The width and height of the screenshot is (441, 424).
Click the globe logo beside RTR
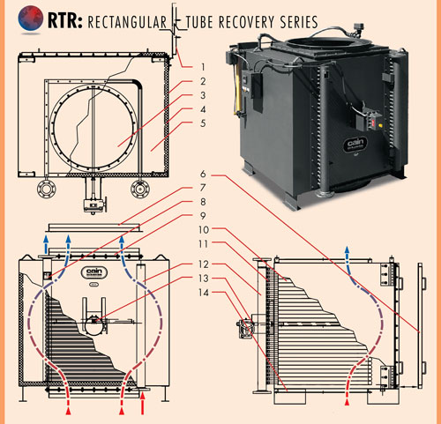coord(30,19)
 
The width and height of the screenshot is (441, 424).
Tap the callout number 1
coord(203,67)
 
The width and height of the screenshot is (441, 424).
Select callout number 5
coord(203,123)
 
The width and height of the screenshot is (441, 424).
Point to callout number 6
coord(203,174)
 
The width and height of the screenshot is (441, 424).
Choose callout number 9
coord(203,216)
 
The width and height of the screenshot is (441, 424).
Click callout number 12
coord(204,264)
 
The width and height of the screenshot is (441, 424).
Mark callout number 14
coord(204,293)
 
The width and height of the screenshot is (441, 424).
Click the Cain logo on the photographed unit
coord(355,145)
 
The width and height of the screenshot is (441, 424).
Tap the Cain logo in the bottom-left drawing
coord(94,272)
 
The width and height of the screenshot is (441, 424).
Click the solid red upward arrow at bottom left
coord(143,404)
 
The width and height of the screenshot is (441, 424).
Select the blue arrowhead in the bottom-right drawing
coord(348,250)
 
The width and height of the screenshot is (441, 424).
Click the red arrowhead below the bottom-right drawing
coord(348,402)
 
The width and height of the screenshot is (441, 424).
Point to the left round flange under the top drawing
coord(46,188)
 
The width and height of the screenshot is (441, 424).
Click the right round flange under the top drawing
coord(140,188)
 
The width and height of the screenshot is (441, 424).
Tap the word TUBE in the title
coord(200,22)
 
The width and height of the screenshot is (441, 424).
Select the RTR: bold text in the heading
coord(65,20)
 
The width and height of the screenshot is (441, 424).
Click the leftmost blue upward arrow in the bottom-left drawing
coord(46,244)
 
